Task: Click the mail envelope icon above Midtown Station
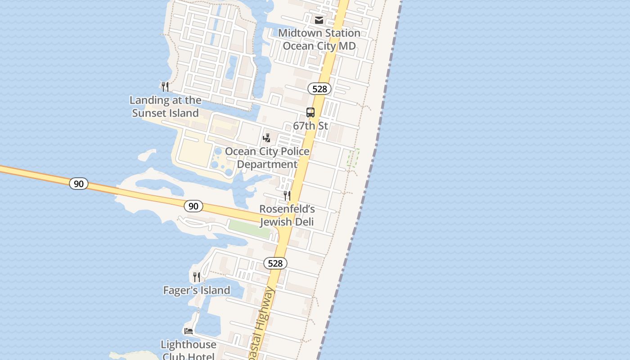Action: click(319, 20)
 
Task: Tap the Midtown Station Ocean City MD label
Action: click(319, 40)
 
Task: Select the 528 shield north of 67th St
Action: click(319, 89)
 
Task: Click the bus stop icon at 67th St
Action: click(310, 112)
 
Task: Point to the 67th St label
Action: click(310, 126)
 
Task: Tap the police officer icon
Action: click(267, 138)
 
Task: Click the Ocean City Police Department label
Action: click(267, 158)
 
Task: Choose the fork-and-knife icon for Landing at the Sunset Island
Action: click(165, 86)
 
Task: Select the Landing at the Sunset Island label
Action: click(166, 107)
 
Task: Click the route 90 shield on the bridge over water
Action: click(79, 184)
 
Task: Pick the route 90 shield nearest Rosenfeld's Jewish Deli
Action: click(193, 206)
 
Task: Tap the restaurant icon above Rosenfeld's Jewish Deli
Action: click(287, 195)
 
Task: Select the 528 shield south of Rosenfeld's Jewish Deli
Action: click(275, 263)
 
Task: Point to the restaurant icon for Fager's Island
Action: click(197, 277)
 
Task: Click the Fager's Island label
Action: click(197, 290)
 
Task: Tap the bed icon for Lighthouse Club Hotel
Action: click(189, 331)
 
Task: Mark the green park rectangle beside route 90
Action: click(249, 229)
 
